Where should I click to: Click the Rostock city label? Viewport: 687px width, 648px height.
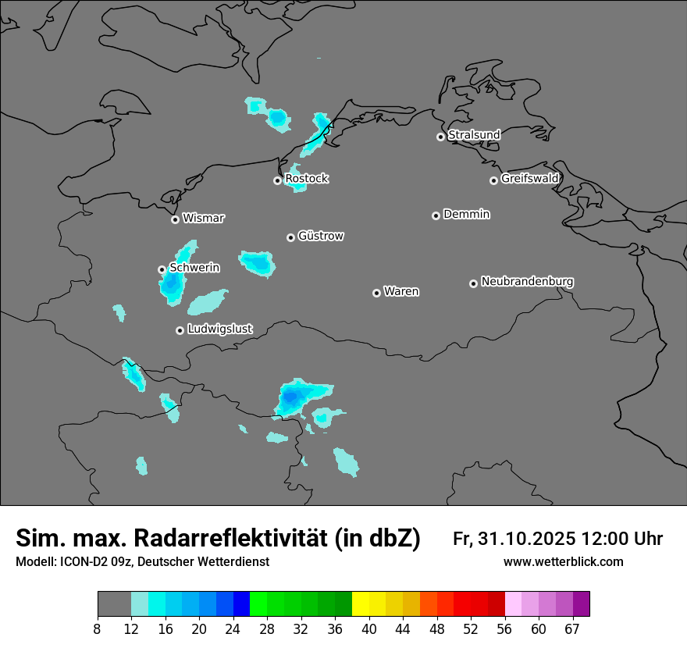click(307, 179)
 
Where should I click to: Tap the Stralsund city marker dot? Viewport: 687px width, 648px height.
click(440, 137)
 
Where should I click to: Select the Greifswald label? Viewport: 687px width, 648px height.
click(530, 179)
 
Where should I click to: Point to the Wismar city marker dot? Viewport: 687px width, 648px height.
click(175, 219)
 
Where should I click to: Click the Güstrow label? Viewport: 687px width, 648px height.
click(321, 236)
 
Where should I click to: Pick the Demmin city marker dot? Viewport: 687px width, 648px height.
click(436, 215)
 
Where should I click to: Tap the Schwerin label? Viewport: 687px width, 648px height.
click(194, 268)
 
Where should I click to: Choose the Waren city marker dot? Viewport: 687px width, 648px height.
click(376, 293)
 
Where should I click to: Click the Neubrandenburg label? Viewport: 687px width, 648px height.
click(527, 281)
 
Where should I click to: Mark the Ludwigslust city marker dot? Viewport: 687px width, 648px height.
click(180, 330)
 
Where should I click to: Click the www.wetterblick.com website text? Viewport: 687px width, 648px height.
click(563, 562)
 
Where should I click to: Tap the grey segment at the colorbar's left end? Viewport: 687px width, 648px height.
click(114, 604)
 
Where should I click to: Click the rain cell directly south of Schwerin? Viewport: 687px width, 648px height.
click(171, 287)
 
